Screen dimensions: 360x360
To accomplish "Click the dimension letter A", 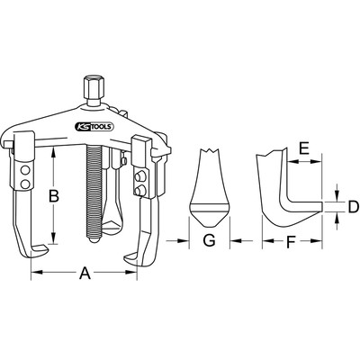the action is tap(85, 274).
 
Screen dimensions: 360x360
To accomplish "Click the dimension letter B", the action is tap(54, 196).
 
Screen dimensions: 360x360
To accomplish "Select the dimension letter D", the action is tap(353, 207).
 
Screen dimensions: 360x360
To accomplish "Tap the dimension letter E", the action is tap(304, 148).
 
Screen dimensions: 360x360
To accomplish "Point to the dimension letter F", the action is tap(290, 242).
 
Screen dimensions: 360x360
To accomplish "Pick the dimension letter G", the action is tap(209, 240).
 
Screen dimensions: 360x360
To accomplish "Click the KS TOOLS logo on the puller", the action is tap(94, 127).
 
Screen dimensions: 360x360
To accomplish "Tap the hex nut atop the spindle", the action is tap(92, 87).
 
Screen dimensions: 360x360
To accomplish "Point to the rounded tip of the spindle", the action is tap(94, 240).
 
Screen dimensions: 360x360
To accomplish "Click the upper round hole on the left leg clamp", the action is tap(24, 170).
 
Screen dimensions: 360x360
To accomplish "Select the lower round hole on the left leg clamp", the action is tap(24, 184).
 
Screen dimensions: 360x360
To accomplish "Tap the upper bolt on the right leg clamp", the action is tap(139, 176).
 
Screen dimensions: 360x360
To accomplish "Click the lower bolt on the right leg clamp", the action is tap(139, 190).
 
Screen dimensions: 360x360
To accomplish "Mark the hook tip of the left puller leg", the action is tap(46, 247).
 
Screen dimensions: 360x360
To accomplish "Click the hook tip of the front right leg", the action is tap(126, 257).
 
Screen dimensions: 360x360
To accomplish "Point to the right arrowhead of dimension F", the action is tap(317, 240).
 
